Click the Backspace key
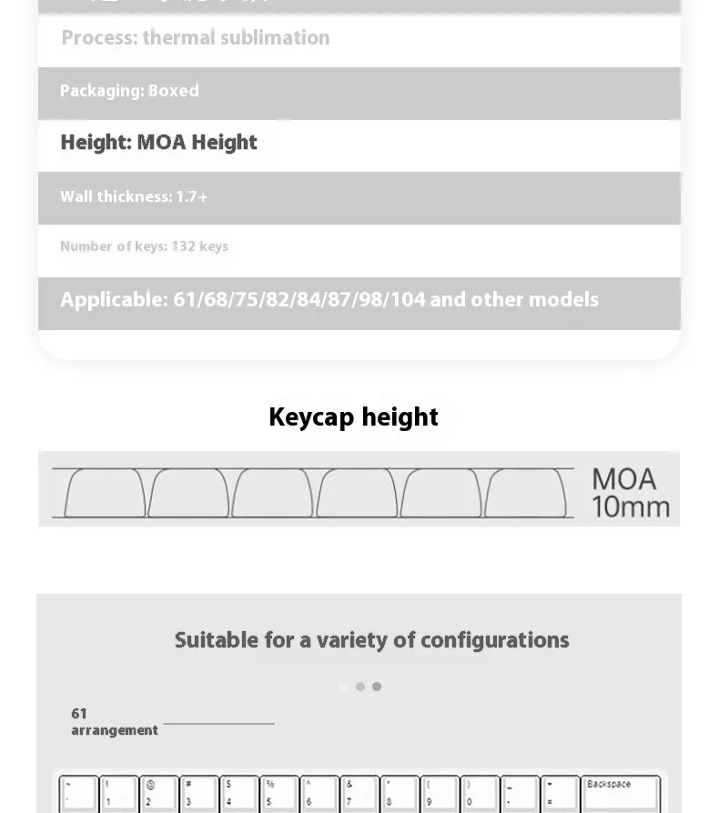click(x=621, y=792)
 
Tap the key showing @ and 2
click(x=158, y=792)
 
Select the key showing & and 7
click(x=359, y=792)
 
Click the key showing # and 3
click(x=198, y=792)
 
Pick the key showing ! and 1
click(x=118, y=792)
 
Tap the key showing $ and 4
click(x=238, y=792)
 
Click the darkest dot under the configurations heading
click(x=377, y=687)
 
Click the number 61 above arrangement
click(x=79, y=714)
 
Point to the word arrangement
click(x=115, y=730)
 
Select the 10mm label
click(x=631, y=507)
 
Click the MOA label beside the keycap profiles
click(x=624, y=479)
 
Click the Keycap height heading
click(x=353, y=417)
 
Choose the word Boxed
click(x=173, y=91)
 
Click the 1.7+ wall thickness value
click(x=192, y=197)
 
